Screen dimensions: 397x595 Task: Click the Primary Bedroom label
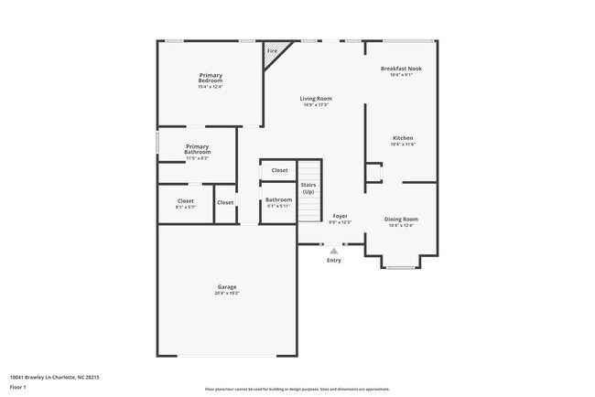(211, 78)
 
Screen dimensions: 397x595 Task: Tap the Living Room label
(317, 98)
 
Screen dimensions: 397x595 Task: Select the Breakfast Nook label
(401, 69)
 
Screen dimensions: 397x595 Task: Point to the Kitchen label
(403, 138)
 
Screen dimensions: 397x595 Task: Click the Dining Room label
(401, 219)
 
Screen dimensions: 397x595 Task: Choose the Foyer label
(340, 217)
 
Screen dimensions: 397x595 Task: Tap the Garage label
(226, 287)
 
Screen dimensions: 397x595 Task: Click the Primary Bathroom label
(198, 149)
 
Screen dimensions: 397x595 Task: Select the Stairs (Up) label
(308, 188)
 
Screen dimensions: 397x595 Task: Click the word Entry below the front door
(334, 261)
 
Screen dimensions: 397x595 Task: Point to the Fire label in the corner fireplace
(272, 51)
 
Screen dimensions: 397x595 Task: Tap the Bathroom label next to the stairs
(278, 199)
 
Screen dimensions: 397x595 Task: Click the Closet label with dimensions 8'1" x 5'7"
(186, 201)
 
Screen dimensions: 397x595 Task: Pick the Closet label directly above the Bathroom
(279, 170)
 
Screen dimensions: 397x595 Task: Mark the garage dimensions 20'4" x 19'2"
(226, 294)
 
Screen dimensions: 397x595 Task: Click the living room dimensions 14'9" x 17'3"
(317, 105)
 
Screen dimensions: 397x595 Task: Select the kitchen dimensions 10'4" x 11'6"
(403, 145)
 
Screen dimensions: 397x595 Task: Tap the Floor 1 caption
(17, 387)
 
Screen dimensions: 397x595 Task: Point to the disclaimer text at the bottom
(297, 388)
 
